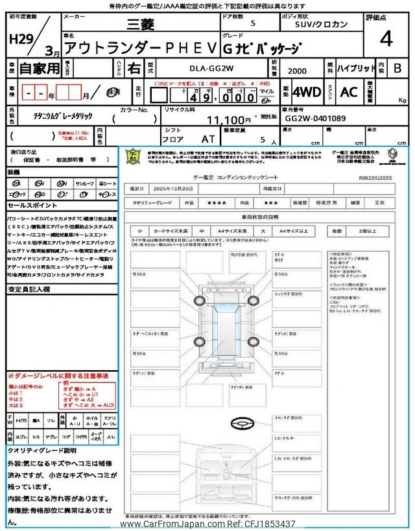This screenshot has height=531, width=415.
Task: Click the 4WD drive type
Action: click(x=306, y=92)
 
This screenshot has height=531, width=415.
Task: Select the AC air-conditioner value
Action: click(x=349, y=92)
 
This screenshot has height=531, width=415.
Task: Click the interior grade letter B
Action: click(x=397, y=67)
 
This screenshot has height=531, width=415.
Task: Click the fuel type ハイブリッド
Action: click(x=356, y=67)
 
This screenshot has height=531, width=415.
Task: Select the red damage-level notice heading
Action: click(x=58, y=376)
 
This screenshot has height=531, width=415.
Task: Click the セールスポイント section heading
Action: click(x=33, y=205)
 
